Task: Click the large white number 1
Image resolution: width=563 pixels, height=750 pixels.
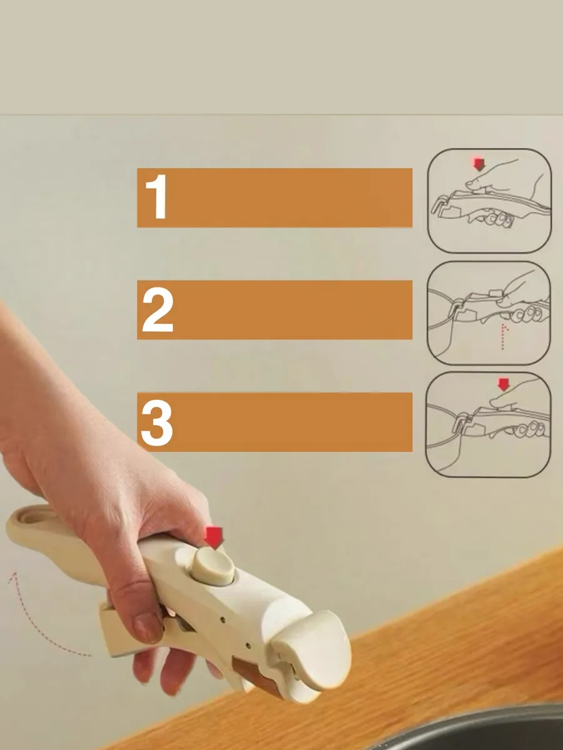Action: coord(156,197)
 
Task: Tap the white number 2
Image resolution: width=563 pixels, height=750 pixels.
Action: coord(158,309)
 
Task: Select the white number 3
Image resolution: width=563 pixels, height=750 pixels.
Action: coord(157,423)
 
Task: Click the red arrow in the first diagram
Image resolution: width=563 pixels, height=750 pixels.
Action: coord(479,164)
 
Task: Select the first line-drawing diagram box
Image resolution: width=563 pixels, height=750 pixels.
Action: coord(489,201)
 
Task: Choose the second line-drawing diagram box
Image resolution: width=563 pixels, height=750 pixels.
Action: coord(489,313)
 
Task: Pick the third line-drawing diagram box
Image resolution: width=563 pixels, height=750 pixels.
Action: coord(489,425)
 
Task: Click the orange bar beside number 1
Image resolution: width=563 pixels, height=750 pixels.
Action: coord(275,198)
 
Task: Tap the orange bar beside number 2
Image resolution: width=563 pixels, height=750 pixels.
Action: coord(275,310)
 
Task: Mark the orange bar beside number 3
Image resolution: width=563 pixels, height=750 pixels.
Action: coord(275,422)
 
